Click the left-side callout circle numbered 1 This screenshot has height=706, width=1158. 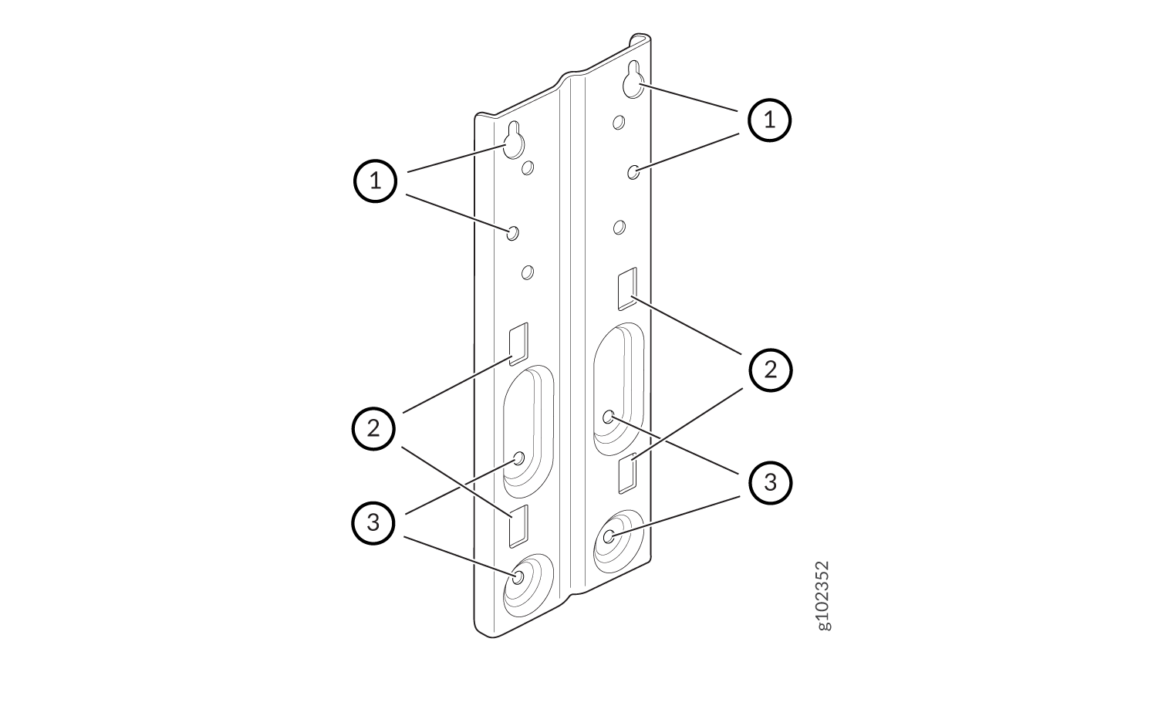click(x=375, y=181)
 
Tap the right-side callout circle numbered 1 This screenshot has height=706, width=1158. click(x=770, y=120)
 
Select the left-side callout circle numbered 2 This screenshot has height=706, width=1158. click(x=373, y=429)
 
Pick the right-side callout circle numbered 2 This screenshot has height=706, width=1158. click(x=771, y=370)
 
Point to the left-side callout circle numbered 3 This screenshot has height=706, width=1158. click(x=373, y=523)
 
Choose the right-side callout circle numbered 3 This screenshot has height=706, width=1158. click(x=771, y=482)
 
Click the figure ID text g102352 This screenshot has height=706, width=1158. click(x=822, y=596)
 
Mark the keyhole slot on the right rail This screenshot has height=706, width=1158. click(x=633, y=80)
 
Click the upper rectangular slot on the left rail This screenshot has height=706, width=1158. click(x=518, y=344)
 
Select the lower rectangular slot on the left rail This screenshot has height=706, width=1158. click(x=518, y=526)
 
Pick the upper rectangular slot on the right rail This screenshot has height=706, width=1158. click(x=627, y=289)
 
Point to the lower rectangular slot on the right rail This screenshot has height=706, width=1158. click(x=627, y=473)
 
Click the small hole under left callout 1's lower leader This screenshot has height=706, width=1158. click(x=512, y=233)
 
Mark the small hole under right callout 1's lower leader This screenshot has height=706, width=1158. click(x=633, y=172)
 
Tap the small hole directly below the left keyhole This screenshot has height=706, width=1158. click(x=527, y=167)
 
